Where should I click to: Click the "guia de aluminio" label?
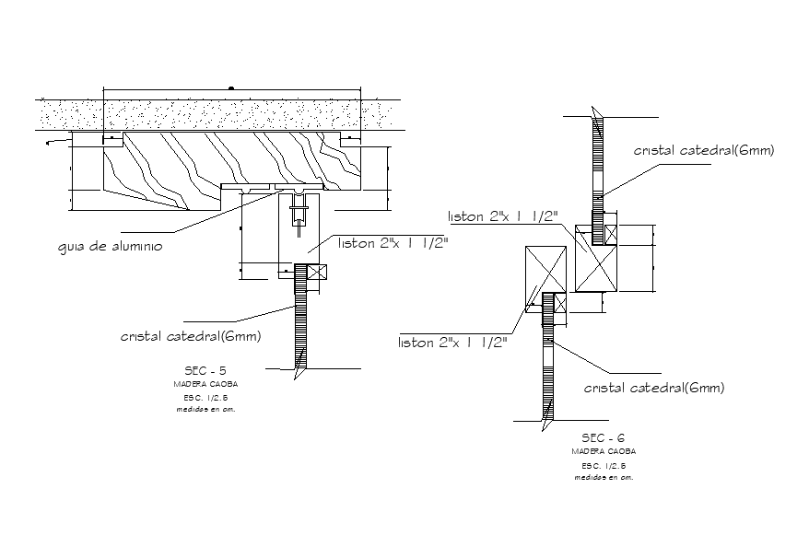coord(110,247)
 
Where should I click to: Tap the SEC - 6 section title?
coord(603,438)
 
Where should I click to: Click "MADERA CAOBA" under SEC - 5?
coord(205,384)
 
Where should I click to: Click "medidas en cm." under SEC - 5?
coord(205,410)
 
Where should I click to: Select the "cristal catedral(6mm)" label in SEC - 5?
coord(191,337)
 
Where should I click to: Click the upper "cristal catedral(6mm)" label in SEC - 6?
coord(703,150)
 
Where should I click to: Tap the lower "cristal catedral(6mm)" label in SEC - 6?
coord(654,388)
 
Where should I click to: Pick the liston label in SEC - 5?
coord(393,244)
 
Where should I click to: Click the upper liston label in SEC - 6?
coord(503,216)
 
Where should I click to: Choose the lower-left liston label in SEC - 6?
coord(452,343)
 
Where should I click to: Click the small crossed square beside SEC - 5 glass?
coord(317,273)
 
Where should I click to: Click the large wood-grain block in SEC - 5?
coord(230,164)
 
